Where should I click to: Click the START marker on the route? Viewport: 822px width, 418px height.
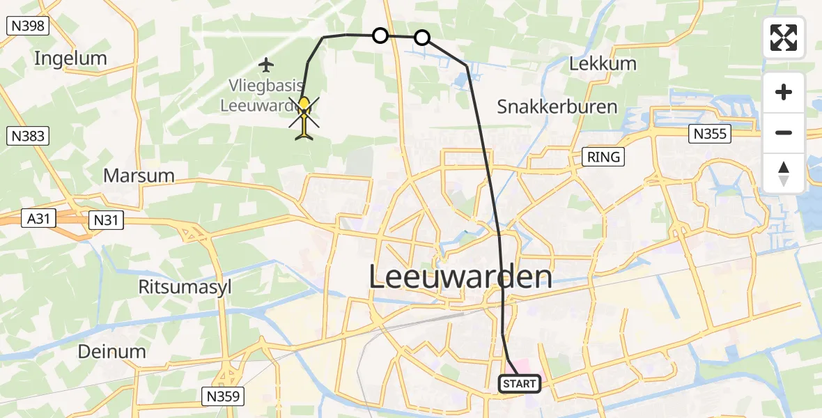point(520,383)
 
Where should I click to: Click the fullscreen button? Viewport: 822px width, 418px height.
point(784,38)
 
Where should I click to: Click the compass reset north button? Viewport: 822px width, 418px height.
point(784,173)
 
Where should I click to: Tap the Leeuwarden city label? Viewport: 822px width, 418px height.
point(460,277)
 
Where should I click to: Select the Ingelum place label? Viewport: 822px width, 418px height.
point(70,59)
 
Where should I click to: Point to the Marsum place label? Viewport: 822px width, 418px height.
point(139,176)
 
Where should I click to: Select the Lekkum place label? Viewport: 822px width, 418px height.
point(603,64)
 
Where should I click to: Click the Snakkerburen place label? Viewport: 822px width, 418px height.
point(557,107)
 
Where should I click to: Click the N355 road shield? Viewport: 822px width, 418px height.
point(709,134)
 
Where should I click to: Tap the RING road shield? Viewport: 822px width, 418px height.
point(603,157)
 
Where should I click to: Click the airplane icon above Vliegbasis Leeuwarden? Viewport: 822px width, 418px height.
point(265,65)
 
